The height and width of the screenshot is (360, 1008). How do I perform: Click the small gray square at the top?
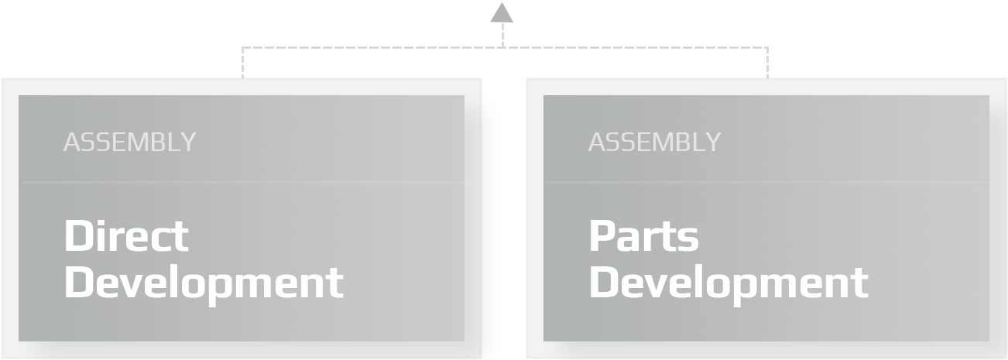502,12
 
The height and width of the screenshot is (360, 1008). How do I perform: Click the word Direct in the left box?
126,235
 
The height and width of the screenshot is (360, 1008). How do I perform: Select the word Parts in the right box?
643,235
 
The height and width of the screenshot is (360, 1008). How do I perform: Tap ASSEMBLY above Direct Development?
129,142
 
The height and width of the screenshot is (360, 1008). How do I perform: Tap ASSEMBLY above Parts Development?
654,142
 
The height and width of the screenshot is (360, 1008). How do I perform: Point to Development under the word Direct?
204,282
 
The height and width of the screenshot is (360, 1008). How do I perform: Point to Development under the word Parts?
729,282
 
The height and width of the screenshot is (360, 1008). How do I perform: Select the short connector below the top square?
502,35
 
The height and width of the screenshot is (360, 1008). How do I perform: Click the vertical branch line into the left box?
242,63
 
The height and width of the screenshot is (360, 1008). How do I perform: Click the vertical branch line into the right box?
767,63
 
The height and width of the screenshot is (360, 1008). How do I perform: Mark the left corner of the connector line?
242,48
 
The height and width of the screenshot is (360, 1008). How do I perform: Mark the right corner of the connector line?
767,48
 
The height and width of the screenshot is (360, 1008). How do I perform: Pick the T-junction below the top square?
502,47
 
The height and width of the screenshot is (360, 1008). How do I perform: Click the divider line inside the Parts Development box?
766,183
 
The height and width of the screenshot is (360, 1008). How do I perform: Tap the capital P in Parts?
602,235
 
